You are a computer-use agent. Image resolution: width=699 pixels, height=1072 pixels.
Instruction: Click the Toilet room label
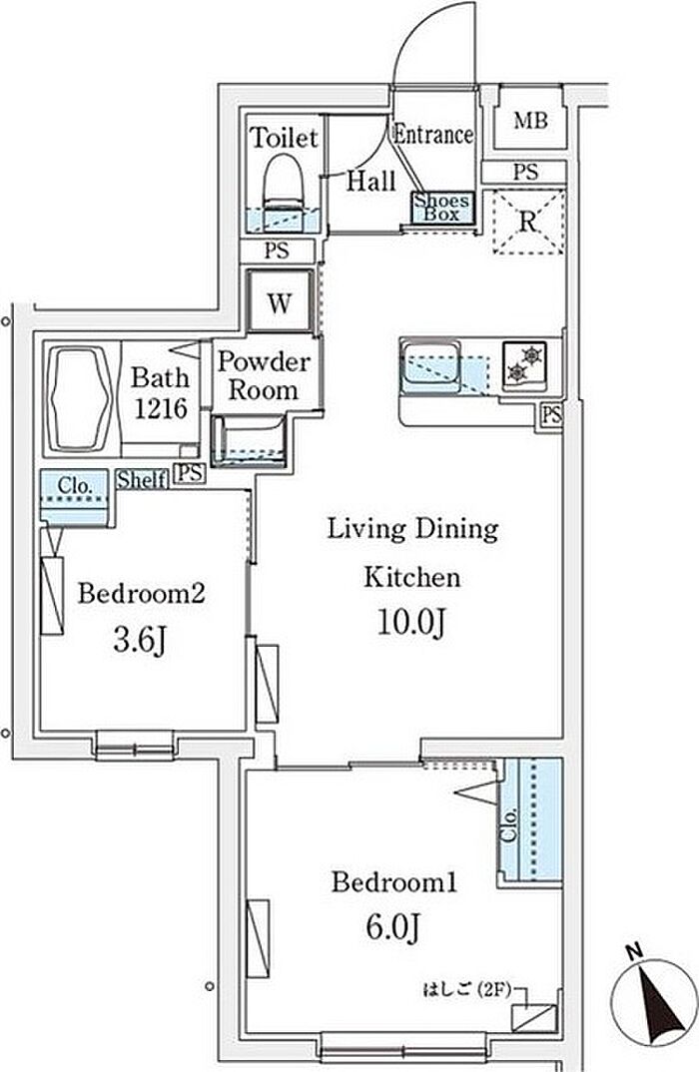(x=284, y=138)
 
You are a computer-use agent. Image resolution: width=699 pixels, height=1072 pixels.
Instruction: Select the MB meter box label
(x=531, y=121)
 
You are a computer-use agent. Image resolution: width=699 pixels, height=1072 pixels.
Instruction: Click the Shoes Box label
(x=441, y=208)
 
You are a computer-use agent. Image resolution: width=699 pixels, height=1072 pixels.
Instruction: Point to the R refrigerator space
(x=528, y=223)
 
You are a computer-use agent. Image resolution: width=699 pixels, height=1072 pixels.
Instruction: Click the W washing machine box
(x=280, y=302)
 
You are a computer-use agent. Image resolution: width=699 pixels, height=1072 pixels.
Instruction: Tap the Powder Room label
(x=264, y=375)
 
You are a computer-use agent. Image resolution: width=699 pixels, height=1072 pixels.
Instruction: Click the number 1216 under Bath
(x=160, y=409)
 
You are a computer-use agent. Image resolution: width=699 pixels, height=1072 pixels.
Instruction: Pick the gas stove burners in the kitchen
(x=524, y=364)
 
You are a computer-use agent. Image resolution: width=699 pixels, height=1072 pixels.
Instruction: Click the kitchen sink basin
(x=431, y=368)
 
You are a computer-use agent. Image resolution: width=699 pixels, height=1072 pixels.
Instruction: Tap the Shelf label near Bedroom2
(x=142, y=479)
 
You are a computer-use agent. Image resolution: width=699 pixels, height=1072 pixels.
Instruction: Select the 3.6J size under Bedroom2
(x=140, y=640)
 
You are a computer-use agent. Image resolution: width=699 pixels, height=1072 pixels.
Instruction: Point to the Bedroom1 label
(x=394, y=882)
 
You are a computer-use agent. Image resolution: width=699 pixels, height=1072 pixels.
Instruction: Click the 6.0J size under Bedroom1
(x=392, y=927)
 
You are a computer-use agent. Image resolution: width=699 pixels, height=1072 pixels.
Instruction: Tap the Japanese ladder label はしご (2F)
(x=466, y=988)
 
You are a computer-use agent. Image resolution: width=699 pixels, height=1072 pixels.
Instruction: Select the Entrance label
(x=433, y=134)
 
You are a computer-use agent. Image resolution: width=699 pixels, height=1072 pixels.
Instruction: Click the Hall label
(x=371, y=181)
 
